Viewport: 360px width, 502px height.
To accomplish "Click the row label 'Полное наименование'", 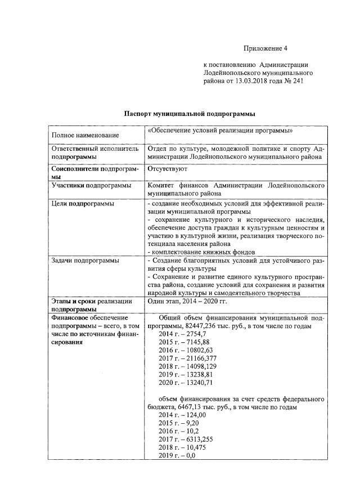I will [x=85, y=135].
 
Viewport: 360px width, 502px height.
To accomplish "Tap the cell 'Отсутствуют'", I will [x=168, y=168].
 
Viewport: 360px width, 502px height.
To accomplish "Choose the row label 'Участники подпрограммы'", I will [x=91, y=185].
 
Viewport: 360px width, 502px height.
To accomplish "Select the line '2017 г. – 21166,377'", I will [x=187, y=358].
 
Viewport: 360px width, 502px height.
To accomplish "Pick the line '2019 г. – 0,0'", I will [x=177, y=455].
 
